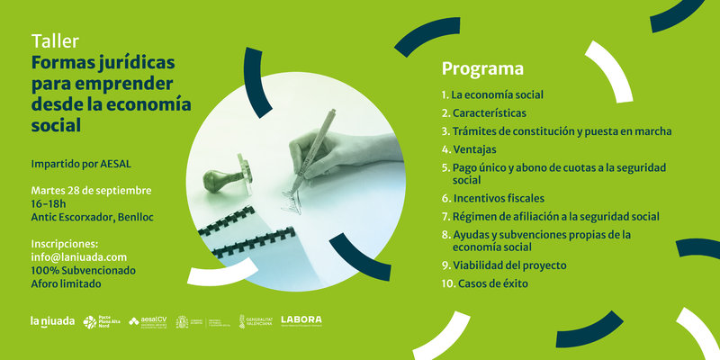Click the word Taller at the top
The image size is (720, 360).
pyautogui.click(x=55, y=41)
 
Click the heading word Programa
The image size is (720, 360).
pyautogui.click(x=482, y=68)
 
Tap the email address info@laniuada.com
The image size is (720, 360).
pyautogui.click(x=79, y=256)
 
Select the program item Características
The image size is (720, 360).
pyautogui.click(x=489, y=112)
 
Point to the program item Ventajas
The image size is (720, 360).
pyautogui.click(x=473, y=148)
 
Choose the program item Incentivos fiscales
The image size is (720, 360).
pyautogui.click(x=498, y=198)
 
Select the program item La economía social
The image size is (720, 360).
pyautogui.click(x=497, y=94)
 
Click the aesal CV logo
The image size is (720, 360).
pyautogui.click(x=148, y=320)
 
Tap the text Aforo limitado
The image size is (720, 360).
pyautogui.click(x=66, y=283)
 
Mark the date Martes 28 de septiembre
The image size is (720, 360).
pyautogui.click(x=91, y=191)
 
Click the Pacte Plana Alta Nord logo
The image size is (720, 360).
pyautogui.click(x=97, y=320)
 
